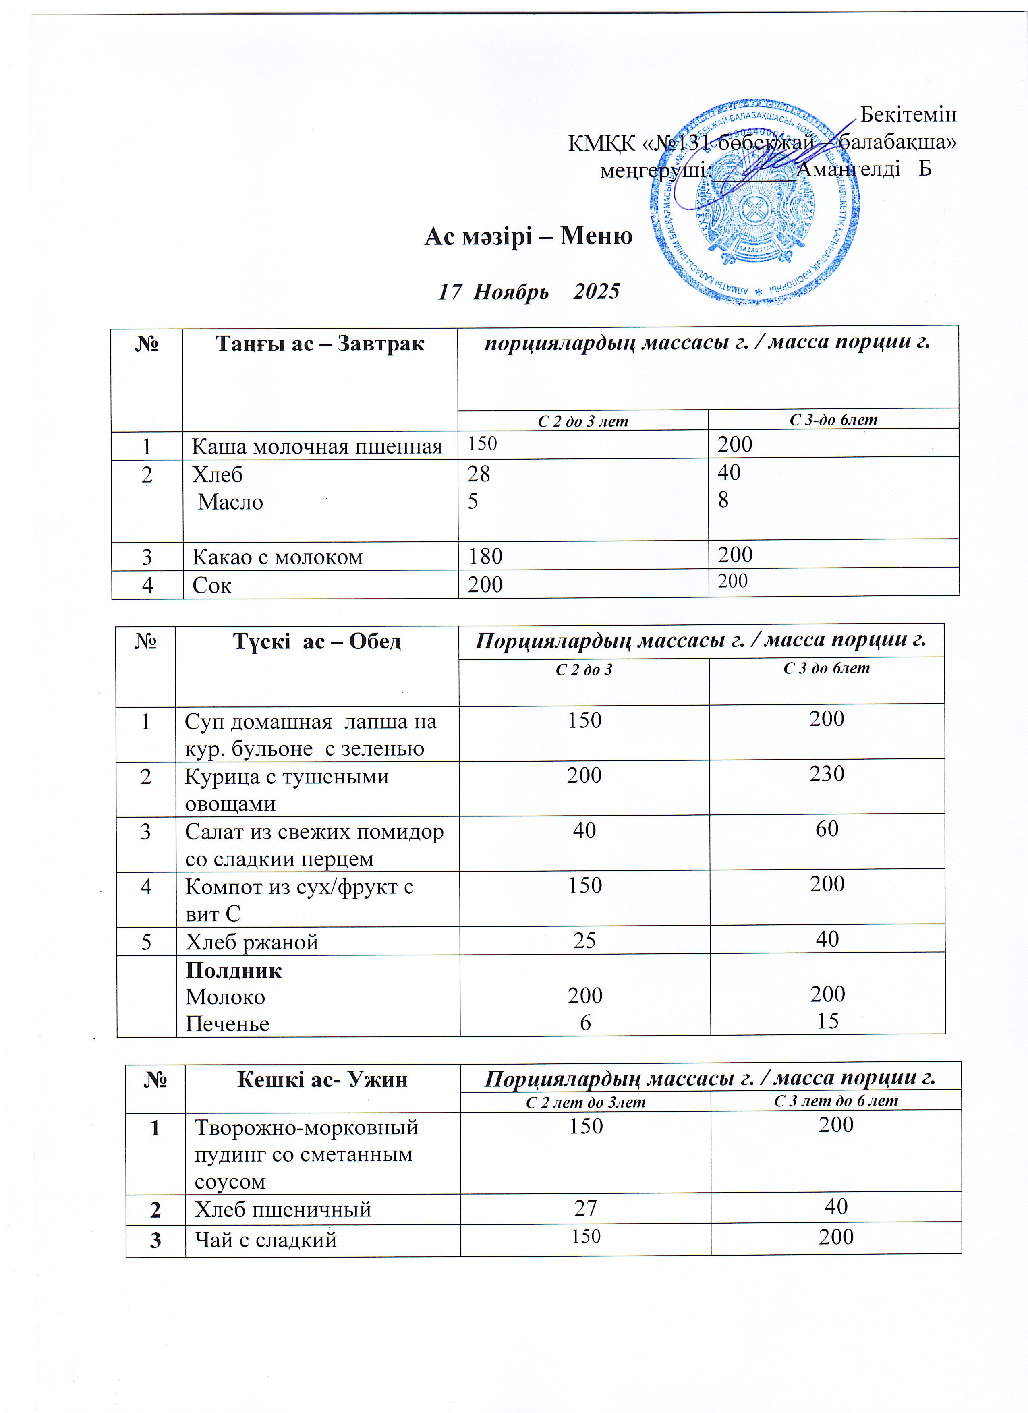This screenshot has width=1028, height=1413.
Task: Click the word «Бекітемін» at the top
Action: pyautogui.click(x=908, y=115)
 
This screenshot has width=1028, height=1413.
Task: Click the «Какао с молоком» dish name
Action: pyautogui.click(x=277, y=556)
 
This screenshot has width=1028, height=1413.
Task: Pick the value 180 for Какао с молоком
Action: pyautogui.click(x=485, y=556)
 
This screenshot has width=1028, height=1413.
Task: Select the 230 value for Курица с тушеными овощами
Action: pyautogui.click(x=827, y=774)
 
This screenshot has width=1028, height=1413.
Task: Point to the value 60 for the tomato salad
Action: pyautogui.click(x=827, y=829)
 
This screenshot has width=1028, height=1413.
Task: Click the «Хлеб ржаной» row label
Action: pyautogui.click(x=252, y=942)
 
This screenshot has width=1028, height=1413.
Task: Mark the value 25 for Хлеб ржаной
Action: pyautogui.click(x=584, y=941)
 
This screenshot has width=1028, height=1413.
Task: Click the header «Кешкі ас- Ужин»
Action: pyautogui.click(x=322, y=1079)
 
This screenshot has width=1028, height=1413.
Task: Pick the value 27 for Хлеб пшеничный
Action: pyautogui.click(x=586, y=1209)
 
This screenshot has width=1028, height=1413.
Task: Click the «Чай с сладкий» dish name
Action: pyautogui.click(x=266, y=1240)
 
